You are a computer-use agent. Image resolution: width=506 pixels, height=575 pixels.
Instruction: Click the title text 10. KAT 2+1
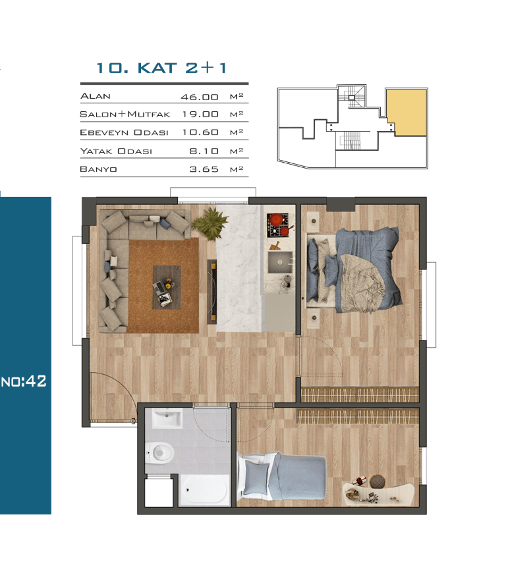[161, 68]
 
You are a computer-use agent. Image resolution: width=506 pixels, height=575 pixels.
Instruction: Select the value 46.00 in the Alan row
[200, 97]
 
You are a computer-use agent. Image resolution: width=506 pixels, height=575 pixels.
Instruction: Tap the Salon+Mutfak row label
[125, 114]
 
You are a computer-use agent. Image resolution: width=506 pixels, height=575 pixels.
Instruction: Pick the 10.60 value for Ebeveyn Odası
[200, 132]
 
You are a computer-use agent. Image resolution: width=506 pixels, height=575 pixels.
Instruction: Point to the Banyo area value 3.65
[204, 169]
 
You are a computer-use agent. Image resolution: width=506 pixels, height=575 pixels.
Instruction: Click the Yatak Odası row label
[116, 151]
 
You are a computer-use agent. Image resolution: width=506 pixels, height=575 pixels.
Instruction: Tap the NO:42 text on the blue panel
[24, 381]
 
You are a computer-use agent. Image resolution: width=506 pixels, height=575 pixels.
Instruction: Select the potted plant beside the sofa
[210, 223]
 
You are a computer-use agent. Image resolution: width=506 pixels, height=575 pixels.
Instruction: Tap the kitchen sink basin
[280, 262]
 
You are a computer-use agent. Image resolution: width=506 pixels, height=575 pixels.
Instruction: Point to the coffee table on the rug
[167, 287]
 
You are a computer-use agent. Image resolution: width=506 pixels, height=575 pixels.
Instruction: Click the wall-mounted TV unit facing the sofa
[211, 292]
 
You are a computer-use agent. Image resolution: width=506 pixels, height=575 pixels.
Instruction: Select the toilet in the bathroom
[159, 452]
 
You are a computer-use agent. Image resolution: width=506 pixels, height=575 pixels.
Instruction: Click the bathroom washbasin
[167, 418]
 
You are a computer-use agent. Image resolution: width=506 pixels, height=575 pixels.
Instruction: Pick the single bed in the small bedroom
[282, 476]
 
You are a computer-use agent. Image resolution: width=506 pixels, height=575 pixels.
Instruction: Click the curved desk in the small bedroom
[379, 493]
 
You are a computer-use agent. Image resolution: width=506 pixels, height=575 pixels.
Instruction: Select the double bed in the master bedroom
[354, 270]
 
